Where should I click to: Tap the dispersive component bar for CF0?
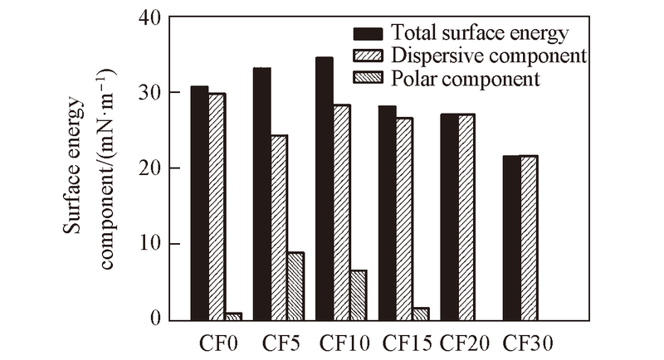click(217, 207)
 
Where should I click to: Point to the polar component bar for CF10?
click(358, 294)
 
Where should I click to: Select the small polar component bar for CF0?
click(233, 316)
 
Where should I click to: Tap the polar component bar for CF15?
click(420, 314)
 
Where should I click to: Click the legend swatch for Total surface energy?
click(369, 34)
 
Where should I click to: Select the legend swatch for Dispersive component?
click(369, 56)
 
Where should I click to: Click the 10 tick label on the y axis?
click(153, 244)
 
